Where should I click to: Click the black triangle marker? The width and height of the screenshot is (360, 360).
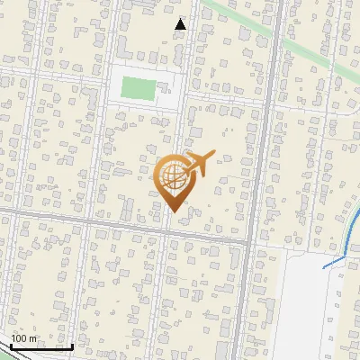point(181,24)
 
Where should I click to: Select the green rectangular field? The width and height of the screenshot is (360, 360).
point(139,88)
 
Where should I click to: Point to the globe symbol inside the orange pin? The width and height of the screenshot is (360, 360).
point(174,177)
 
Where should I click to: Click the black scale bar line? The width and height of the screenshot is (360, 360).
point(41,346)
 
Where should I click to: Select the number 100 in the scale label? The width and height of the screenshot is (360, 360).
point(20,339)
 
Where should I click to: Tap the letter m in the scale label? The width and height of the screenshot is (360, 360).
point(33,339)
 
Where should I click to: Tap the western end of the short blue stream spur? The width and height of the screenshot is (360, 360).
point(323,267)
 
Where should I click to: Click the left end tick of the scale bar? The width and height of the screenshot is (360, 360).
point(11,346)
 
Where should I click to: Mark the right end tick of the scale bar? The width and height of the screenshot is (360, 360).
point(73,346)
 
